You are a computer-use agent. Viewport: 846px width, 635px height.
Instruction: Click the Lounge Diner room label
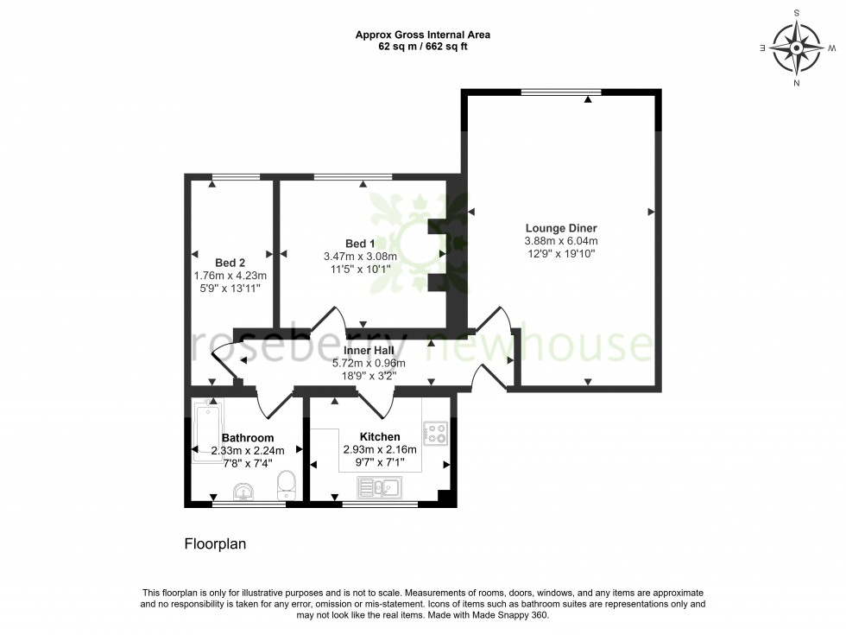561,228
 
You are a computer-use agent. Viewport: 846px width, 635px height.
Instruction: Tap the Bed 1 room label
360,244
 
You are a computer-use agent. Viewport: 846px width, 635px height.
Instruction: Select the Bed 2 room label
230,262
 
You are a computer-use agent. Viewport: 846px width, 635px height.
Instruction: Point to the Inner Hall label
369,351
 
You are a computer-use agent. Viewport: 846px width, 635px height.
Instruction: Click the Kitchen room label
379,436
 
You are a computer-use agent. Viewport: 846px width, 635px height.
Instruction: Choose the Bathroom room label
248,438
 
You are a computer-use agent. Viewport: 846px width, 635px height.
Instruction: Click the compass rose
796,48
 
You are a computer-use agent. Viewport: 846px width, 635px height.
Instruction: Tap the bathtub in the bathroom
207,430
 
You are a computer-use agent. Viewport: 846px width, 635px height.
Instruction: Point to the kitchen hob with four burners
435,432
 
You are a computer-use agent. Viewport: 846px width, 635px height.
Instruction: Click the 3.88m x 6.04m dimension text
561,241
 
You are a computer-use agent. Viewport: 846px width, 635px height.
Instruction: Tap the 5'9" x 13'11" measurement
230,289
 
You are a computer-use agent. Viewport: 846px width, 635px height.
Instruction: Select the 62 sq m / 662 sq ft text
423,47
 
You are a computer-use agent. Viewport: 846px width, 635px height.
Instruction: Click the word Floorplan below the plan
216,544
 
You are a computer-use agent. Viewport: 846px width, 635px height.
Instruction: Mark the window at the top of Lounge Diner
561,92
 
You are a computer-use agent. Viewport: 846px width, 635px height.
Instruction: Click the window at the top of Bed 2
236,177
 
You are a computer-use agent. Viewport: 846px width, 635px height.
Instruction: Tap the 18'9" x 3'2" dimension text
369,377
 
